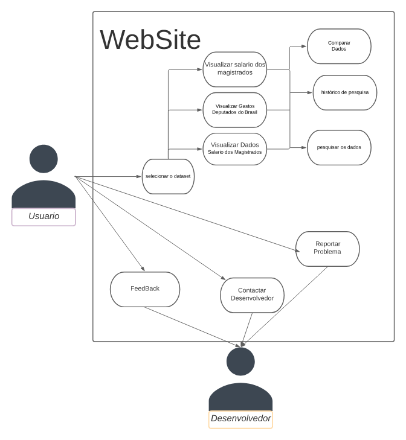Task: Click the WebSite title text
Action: pos(150,40)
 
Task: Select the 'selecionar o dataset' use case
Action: pos(168,176)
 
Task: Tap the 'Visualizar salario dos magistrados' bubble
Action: pos(234,69)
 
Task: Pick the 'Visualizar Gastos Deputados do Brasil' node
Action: pos(234,109)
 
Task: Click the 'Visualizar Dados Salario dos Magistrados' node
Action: pos(234,148)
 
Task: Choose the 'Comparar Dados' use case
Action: pos(339,46)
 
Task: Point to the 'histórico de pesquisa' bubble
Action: pos(345,92)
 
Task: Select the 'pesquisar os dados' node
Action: pos(339,147)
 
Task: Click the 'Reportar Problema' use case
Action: pos(327,248)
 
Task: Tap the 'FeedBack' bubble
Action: pos(145,289)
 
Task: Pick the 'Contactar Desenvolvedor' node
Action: pos(252,295)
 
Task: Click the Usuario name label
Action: pos(43,216)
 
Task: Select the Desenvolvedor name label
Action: pos(240,419)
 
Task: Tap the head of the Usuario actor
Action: pos(43,159)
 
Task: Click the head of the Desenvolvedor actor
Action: pos(240,361)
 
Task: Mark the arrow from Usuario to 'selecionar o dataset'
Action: pos(109,176)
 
